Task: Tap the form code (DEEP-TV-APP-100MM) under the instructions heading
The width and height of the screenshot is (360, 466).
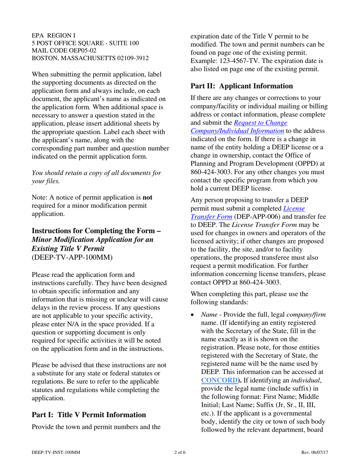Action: [72, 257]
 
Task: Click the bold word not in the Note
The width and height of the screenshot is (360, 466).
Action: [147, 197]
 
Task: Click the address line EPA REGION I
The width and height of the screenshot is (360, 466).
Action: [53, 36]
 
